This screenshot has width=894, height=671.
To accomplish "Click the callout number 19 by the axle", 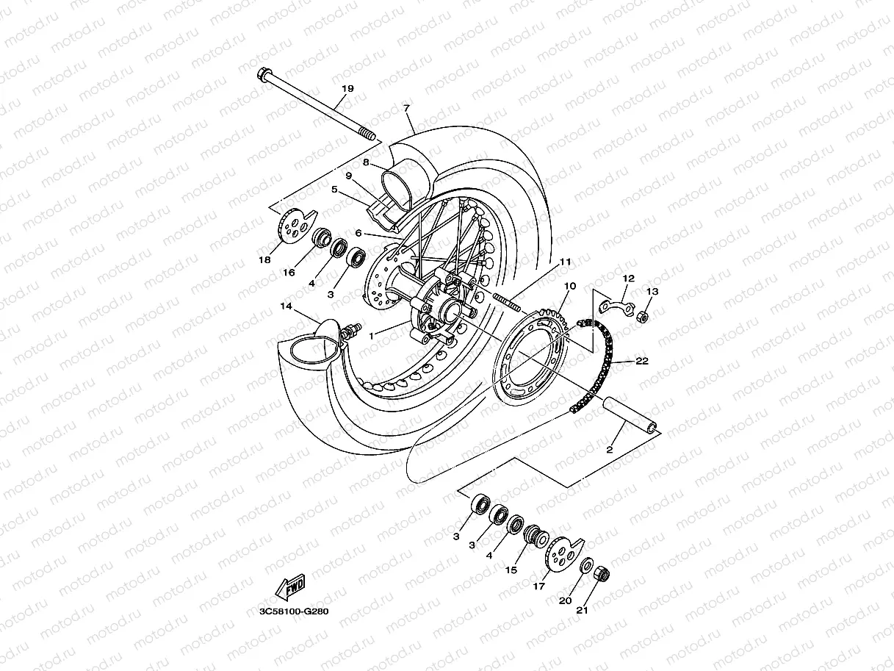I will [x=347, y=88].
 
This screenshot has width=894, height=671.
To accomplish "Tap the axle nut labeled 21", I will [x=599, y=573].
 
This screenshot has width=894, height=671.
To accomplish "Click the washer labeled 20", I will [x=588, y=566].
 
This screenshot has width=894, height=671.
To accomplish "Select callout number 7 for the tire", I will [x=406, y=108].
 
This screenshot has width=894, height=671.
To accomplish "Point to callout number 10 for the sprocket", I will [x=569, y=285].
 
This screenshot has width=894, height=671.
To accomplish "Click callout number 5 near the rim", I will [x=334, y=189].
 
